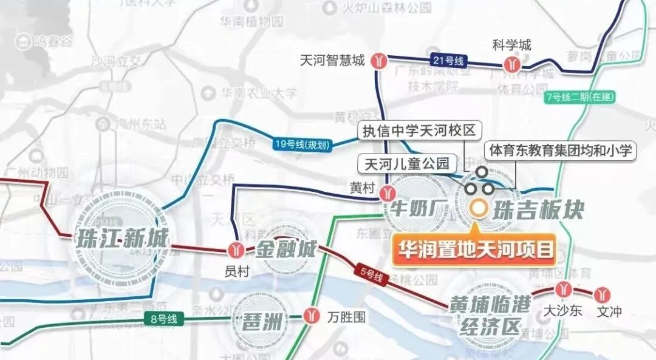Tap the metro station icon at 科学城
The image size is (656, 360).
coord(511,64)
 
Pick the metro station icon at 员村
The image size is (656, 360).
coord(236,250)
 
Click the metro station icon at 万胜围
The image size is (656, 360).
coord(312,316)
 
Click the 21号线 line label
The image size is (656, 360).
coord(448,60)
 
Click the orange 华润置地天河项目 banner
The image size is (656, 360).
coord(476,249)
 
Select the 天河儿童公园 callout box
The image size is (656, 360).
coord(406,163)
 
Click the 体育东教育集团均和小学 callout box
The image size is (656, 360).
coord(560,150)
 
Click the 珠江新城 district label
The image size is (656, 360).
coord(122,238)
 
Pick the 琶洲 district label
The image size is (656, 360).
coord(262,321)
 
